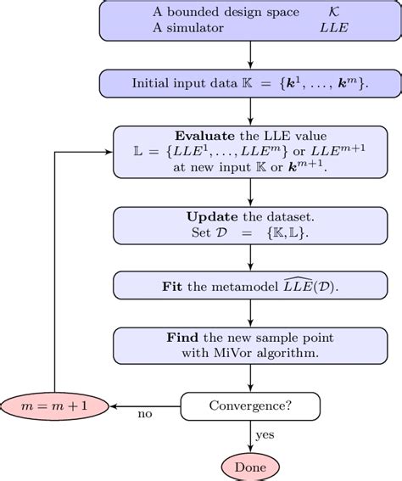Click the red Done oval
250,467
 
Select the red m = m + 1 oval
55,406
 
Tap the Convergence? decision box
250,406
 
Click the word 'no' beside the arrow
146,414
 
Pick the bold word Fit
173,287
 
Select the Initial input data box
250,83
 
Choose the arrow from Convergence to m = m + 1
146,406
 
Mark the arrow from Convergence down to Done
250,437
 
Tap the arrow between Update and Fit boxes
250,257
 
